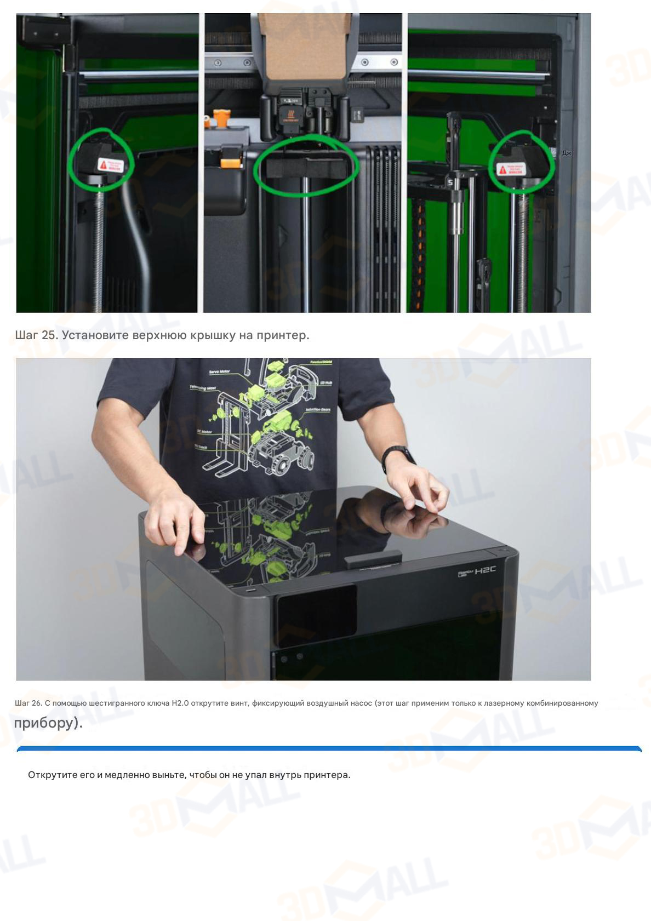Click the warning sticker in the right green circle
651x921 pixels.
510,169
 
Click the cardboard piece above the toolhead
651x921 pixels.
304,44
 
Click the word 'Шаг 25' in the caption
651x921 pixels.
36,335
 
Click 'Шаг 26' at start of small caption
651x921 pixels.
28,703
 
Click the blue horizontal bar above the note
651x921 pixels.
329,748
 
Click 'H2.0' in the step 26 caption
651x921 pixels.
180,703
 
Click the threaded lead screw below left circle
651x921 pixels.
99,247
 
